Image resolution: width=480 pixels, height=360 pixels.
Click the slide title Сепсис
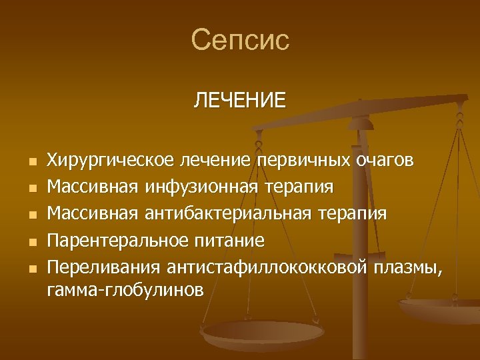(x=240, y=40)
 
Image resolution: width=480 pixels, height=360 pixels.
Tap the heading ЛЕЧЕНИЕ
(x=240, y=101)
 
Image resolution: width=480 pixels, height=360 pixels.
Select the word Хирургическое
(x=110, y=161)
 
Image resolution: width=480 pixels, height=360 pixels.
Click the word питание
(x=231, y=240)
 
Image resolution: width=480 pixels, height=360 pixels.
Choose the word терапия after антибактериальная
(x=356, y=214)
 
